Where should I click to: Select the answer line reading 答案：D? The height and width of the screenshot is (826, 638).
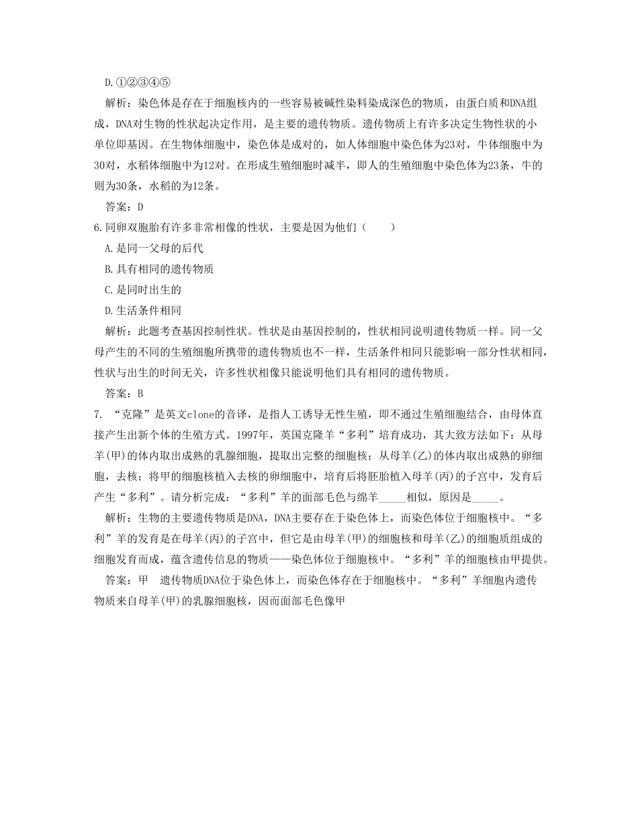click(125, 207)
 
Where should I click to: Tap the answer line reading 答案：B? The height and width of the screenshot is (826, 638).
click(125, 394)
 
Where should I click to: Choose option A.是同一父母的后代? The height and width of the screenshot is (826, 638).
click(154, 248)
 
